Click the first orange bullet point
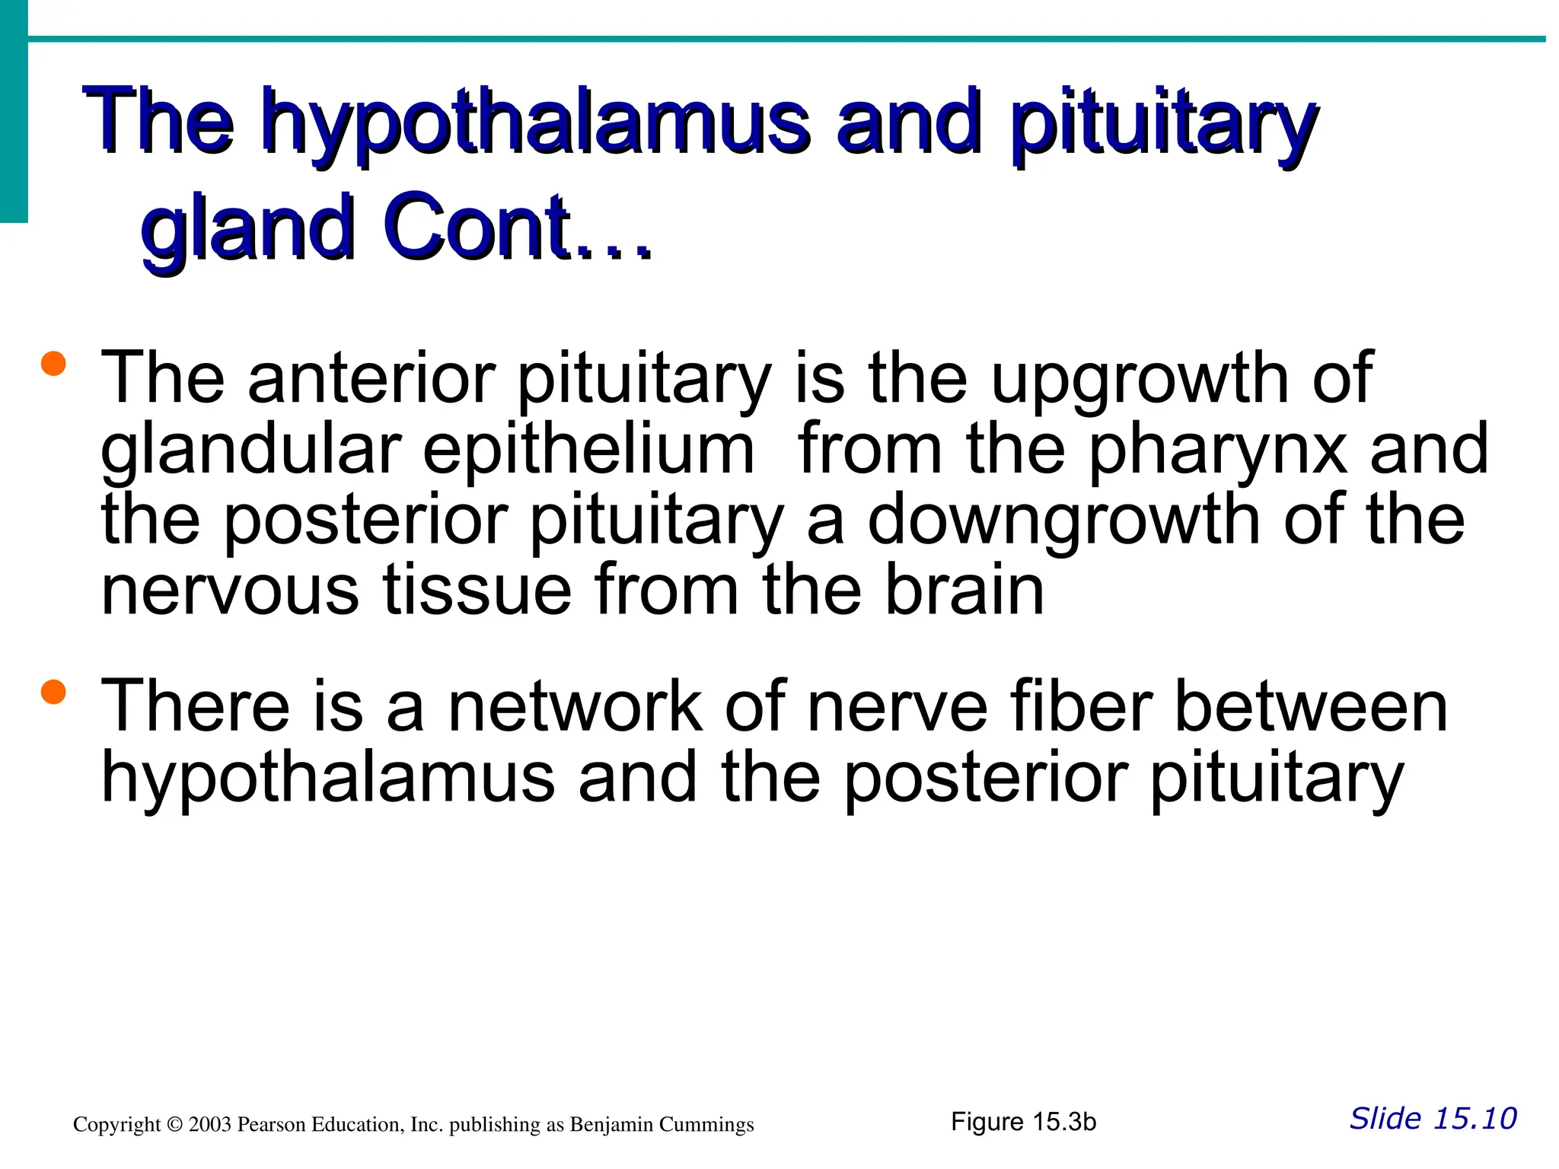tap(54, 363)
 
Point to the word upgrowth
tap(1142, 381)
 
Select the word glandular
tap(251, 451)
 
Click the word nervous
tap(229, 592)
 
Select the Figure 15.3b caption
tap(1023, 1122)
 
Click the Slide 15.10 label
tap(1433, 1119)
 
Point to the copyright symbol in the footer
tap(174, 1125)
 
